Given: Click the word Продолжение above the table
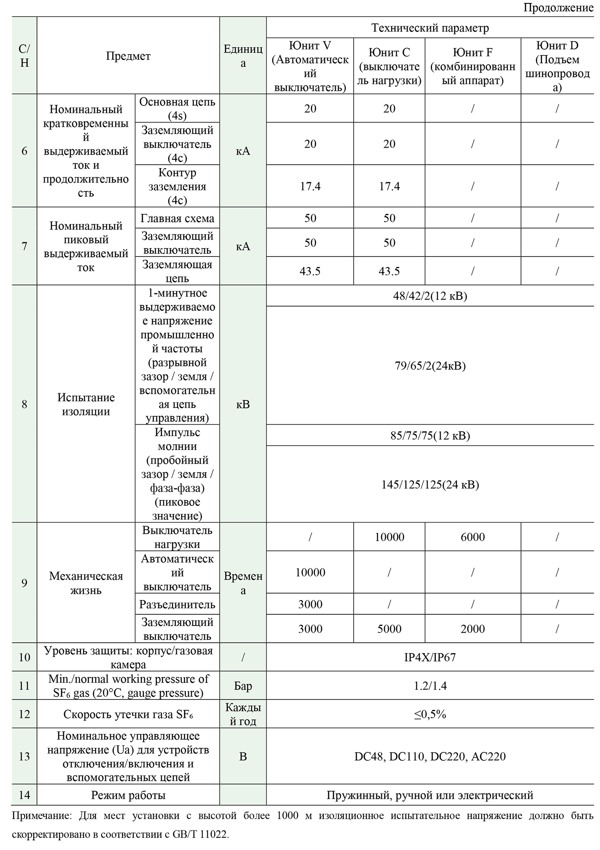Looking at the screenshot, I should [558, 8].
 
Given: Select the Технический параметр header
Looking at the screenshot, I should [430, 28].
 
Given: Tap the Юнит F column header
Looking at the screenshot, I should [472, 66].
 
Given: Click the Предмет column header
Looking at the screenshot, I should [128, 56].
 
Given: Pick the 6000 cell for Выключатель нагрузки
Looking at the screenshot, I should [472, 537].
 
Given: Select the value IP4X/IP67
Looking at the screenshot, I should [430, 657].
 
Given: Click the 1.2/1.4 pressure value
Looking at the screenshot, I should [430, 686].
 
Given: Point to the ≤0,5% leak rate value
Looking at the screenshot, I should [430, 714].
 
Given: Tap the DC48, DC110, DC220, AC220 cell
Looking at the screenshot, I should [430, 756].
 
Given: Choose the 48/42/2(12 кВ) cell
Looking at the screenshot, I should [430, 296].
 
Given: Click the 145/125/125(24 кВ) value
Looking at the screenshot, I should [430, 484].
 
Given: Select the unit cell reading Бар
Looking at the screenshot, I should [243, 686].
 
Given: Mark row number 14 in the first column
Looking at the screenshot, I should [24, 795].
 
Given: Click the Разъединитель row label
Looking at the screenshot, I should [177, 604].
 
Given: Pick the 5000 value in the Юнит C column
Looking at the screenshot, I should [389, 629].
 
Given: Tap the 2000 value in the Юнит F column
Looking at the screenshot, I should [472, 629].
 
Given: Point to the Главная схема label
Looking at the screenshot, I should [177, 218].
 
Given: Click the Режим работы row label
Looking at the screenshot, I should [128, 795].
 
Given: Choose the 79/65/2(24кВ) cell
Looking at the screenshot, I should [430, 366].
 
